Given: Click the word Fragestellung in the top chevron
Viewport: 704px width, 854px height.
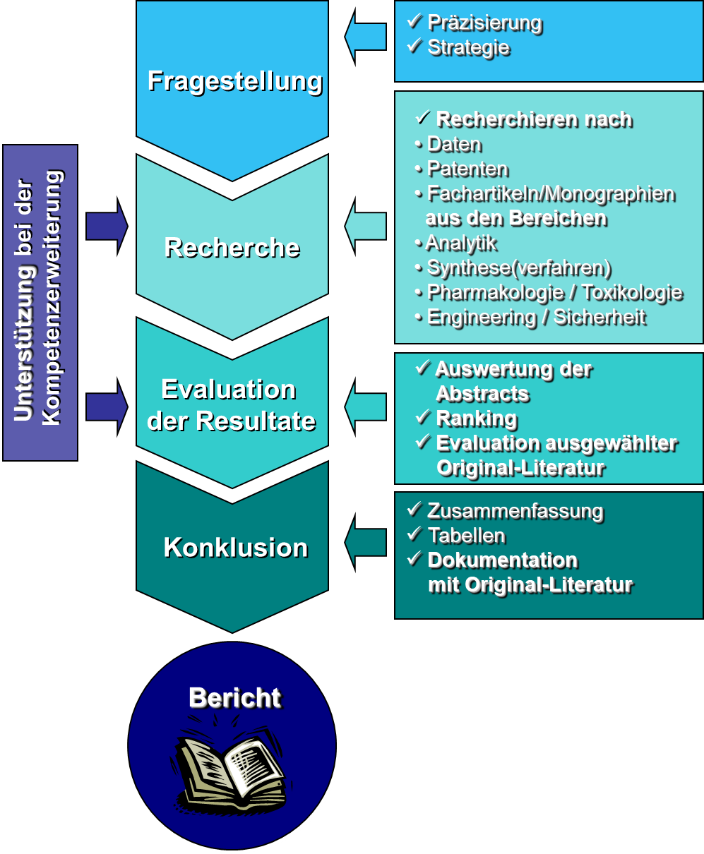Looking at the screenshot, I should [x=234, y=80].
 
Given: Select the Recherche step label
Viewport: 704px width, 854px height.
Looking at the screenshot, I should [x=232, y=248].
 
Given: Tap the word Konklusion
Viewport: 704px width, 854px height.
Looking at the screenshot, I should [x=235, y=548].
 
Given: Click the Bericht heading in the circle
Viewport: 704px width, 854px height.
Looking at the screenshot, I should [x=234, y=697].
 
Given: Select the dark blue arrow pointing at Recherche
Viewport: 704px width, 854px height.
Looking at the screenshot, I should [x=107, y=226].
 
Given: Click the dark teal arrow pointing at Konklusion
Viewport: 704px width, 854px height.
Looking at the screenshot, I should [x=365, y=542].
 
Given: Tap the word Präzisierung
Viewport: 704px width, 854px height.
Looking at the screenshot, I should [x=484, y=23].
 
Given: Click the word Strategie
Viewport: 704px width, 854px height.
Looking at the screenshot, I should [x=468, y=47].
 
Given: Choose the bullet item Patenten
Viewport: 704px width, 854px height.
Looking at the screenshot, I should [x=467, y=169].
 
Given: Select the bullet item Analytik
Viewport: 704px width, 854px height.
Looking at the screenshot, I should [x=461, y=243].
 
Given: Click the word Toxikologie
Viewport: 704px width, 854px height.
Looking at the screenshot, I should [x=632, y=292].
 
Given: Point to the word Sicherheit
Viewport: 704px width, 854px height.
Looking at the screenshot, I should [x=599, y=317].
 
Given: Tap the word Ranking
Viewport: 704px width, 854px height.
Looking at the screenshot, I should [x=477, y=419].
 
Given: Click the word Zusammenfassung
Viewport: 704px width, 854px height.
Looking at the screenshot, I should [x=515, y=510].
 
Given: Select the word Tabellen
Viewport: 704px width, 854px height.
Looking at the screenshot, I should [x=466, y=535].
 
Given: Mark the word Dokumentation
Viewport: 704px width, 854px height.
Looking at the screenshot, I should [x=503, y=560].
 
